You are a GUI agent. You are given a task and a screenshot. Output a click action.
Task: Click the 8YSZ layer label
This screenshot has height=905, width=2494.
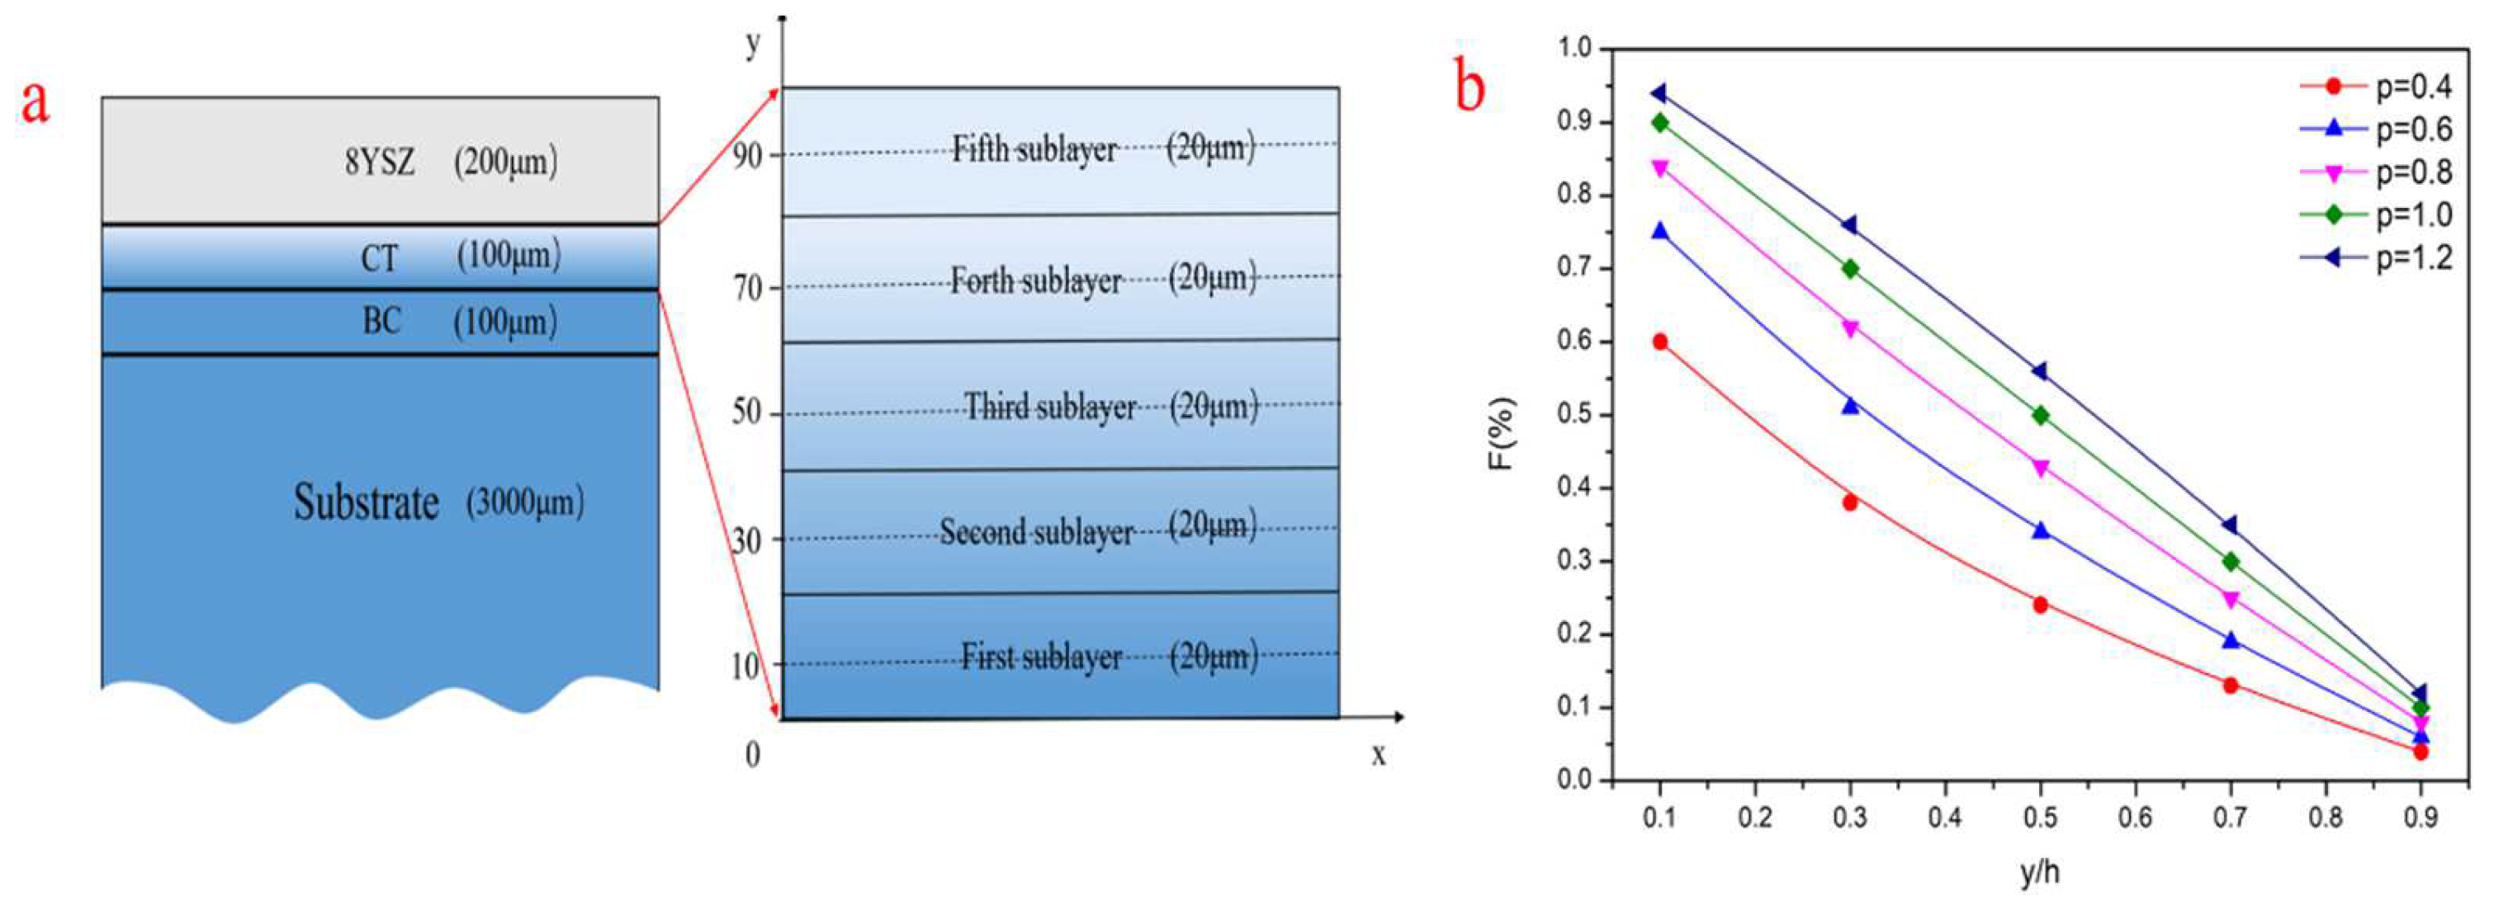380,163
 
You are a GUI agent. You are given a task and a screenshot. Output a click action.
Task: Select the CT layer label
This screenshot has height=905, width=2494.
379,258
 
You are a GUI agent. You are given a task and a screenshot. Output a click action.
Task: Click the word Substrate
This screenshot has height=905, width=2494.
366,503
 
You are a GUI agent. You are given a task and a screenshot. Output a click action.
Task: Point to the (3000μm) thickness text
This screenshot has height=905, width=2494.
526,502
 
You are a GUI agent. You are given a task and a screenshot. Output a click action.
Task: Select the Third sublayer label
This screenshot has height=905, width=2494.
1049,408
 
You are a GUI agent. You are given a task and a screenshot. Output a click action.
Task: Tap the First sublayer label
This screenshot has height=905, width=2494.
1041,658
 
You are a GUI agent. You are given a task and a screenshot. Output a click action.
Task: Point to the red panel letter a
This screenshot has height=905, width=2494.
35,101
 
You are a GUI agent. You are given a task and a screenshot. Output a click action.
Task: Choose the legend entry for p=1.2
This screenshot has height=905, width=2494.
2377,257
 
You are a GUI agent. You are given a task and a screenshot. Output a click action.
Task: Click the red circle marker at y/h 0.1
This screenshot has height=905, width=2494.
1660,342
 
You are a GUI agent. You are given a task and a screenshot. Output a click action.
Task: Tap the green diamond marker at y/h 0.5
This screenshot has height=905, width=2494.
2041,415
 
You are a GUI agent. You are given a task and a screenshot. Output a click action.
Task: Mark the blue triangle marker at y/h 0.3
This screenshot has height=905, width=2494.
1850,406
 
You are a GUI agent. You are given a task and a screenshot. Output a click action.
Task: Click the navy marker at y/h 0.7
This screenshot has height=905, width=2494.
2230,525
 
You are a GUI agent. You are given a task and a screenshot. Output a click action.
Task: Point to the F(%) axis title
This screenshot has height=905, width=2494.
1501,434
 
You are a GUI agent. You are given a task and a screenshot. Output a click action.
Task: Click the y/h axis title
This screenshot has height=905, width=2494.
2040,873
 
